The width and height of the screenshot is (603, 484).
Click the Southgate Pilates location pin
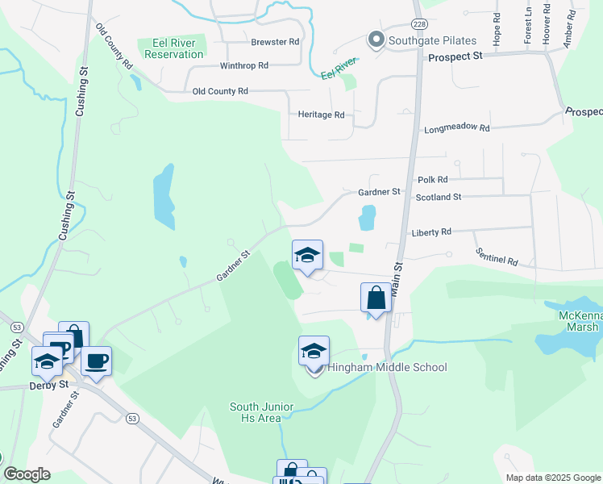click(x=375, y=39)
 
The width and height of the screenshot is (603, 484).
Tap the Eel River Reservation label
click(x=173, y=48)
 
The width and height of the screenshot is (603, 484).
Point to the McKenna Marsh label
click(x=579, y=320)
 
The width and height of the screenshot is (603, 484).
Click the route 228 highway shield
click(x=419, y=25)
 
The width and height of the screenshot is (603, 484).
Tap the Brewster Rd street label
click(x=275, y=41)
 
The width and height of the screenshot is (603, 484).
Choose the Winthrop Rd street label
click(x=243, y=65)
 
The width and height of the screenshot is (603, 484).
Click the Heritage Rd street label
click(x=321, y=115)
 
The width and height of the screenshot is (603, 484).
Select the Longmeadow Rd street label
click(x=456, y=128)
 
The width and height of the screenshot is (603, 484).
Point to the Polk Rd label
click(x=432, y=180)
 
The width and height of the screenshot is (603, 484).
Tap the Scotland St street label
click(x=438, y=197)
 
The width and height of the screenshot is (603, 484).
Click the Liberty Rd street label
click(x=431, y=232)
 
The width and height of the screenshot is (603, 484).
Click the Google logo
click(x=27, y=474)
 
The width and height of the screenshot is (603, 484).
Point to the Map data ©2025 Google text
click(x=552, y=478)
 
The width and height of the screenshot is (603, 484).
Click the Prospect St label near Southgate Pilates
click(x=455, y=57)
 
